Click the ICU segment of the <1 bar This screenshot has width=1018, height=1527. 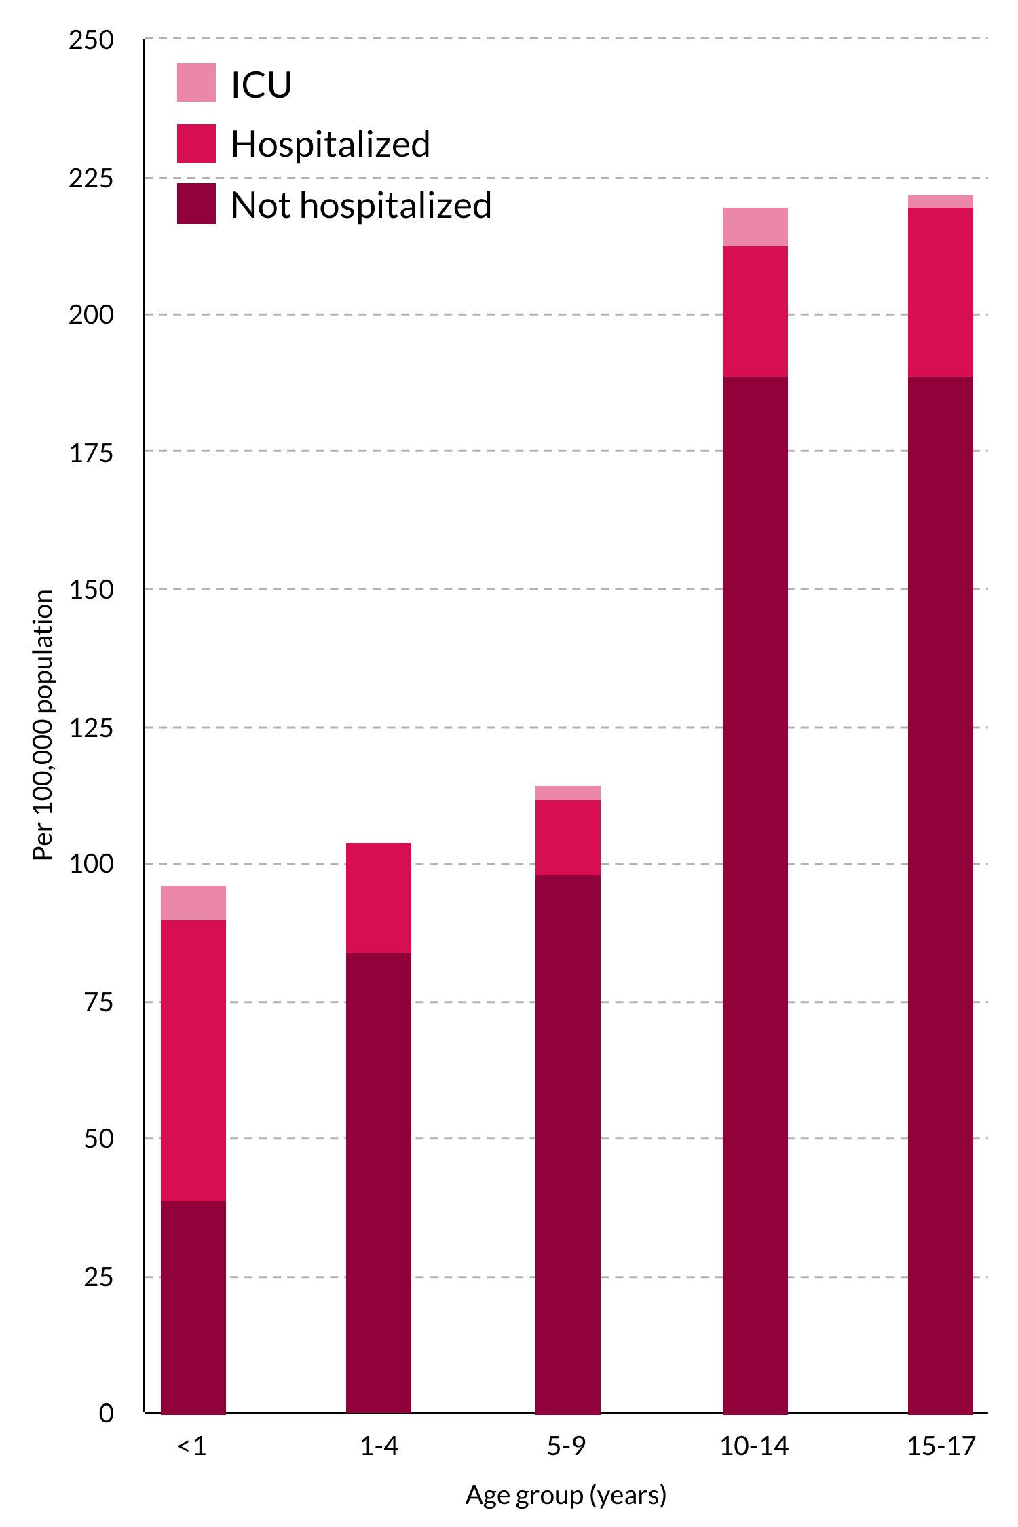pyautogui.click(x=193, y=903)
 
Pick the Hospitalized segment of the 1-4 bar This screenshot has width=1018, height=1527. pyautogui.click(x=379, y=897)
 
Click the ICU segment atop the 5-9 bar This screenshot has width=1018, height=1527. pyautogui.click(x=568, y=793)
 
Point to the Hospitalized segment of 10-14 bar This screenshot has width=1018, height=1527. pyautogui.click(x=755, y=311)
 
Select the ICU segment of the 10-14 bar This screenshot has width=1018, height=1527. pyautogui.click(x=755, y=227)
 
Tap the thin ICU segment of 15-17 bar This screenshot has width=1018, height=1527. pyautogui.click(x=941, y=202)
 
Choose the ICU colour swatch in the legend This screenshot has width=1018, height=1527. pyautogui.click(x=196, y=83)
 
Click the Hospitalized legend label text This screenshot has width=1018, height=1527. pyautogui.click(x=331, y=144)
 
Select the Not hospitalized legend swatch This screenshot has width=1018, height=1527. pyautogui.click(x=196, y=204)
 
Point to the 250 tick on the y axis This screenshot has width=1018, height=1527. pyautogui.click(x=91, y=40)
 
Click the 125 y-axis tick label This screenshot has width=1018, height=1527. pyautogui.click(x=91, y=728)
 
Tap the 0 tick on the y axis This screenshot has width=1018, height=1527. pyautogui.click(x=106, y=1414)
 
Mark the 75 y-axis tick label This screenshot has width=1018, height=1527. pyautogui.click(x=98, y=1002)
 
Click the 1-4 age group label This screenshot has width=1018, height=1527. pyautogui.click(x=379, y=1446)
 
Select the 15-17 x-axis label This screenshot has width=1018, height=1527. pyautogui.click(x=941, y=1446)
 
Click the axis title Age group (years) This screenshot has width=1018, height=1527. pyautogui.click(x=566, y=1495)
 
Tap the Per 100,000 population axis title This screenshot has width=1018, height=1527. pyautogui.click(x=43, y=725)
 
